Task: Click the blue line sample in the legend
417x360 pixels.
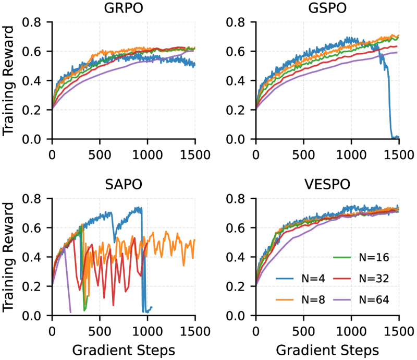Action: pos(285,279)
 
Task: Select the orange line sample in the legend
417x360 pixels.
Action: pos(285,299)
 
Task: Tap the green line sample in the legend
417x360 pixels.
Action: pos(342,257)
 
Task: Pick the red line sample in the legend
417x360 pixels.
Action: pos(342,279)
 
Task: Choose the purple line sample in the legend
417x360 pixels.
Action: pos(342,299)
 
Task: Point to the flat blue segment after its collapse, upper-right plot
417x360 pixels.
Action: pos(396,137)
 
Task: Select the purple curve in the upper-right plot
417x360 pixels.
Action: pos(334,65)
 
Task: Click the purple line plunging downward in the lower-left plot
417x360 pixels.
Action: pos(68,292)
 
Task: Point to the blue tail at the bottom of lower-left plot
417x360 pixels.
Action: pos(148,310)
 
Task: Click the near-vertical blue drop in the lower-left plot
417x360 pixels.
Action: pos(143,261)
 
